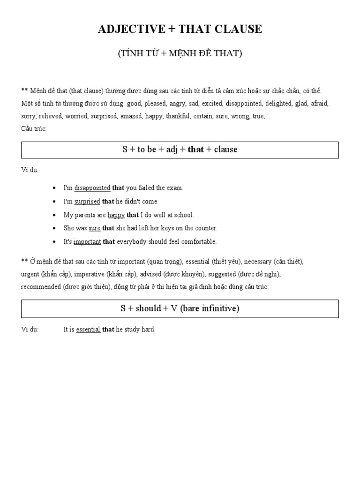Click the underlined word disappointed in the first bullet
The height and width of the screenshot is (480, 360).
92,188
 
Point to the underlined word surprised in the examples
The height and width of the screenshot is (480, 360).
87,202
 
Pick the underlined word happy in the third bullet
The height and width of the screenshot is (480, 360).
116,215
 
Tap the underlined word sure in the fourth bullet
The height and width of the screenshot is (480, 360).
95,228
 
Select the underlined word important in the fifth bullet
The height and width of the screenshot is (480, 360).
87,242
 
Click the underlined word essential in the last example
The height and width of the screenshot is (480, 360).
88,330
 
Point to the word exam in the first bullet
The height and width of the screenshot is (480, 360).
175,188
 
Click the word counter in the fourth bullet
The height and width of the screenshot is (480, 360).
206,228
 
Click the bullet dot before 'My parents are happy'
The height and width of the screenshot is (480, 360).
55,215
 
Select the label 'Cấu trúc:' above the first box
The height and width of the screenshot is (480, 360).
34,128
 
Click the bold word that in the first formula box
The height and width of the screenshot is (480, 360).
195,150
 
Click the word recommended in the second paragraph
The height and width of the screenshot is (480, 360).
41,287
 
